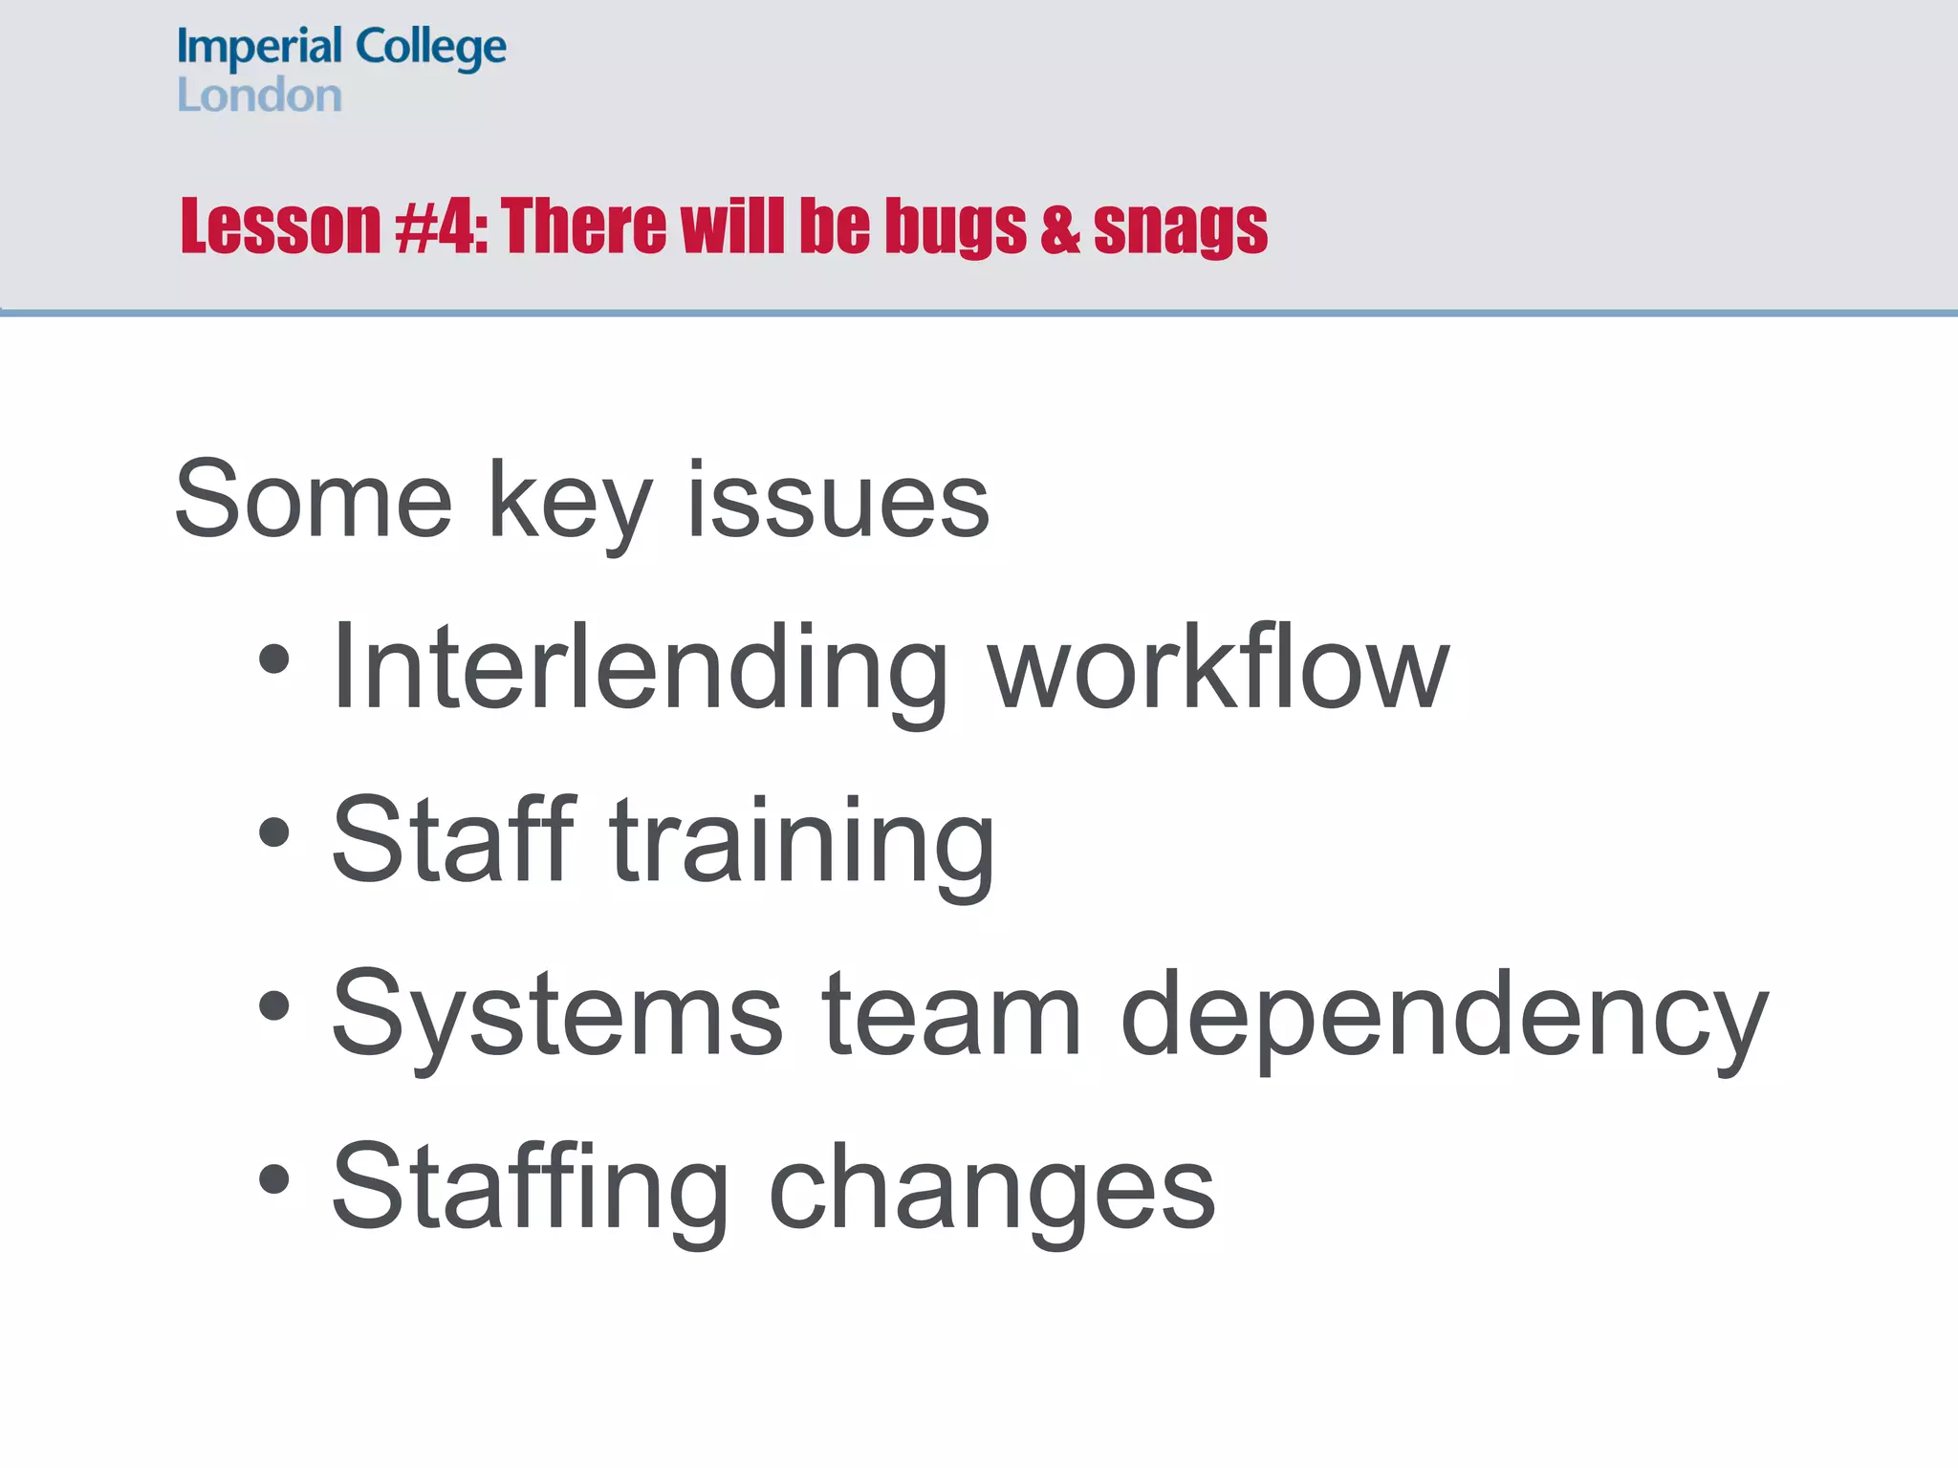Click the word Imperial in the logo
tap(259, 48)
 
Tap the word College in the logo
tap(430, 48)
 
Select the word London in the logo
tap(259, 96)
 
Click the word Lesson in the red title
tap(281, 227)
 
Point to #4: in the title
tap(442, 227)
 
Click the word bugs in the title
tap(955, 227)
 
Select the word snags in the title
tap(1180, 227)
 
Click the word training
tap(803, 841)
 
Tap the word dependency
tap(1444, 1015)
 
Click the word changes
tap(991, 1187)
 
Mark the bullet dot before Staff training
tap(274, 831)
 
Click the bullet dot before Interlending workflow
tap(274, 658)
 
